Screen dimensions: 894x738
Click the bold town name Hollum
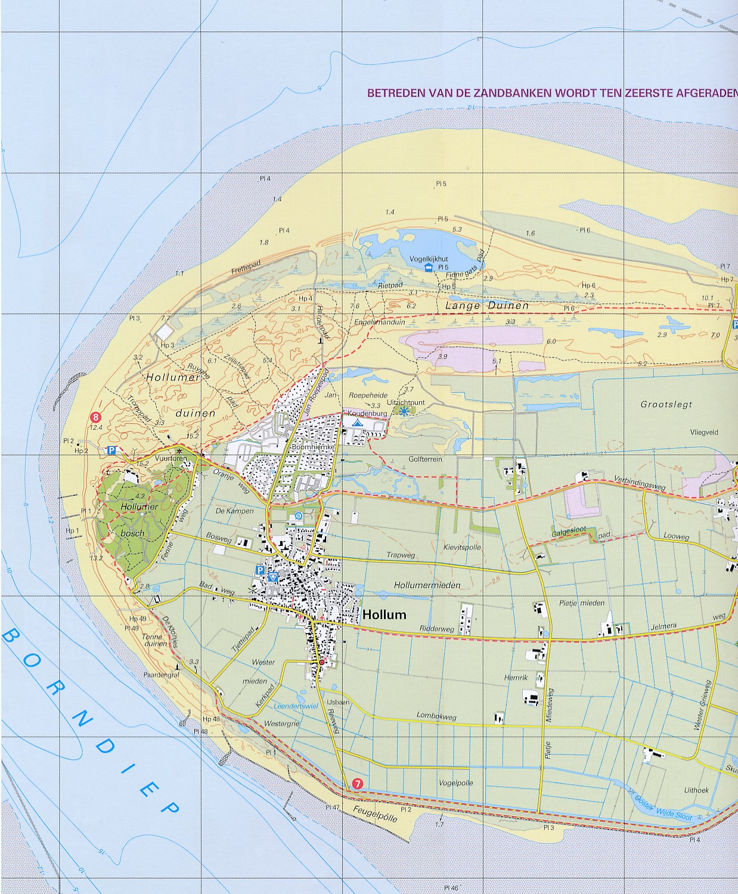tap(384, 614)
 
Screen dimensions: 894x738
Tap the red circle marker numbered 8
tap(95, 418)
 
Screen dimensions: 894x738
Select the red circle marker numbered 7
tap(357, 784)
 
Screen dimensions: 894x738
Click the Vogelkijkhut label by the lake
tap(429, 259)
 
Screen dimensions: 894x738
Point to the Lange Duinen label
tap(487, 305)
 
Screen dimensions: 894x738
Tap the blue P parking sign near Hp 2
tap(111, 451)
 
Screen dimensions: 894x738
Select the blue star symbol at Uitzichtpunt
tap(404, 411)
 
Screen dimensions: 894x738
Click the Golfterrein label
tap(426, 460)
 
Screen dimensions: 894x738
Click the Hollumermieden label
tap(427, 585)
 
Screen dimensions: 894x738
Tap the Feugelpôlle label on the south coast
tap(375, 814)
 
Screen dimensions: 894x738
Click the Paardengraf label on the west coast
tap(157, 675)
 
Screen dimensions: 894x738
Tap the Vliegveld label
tap(704, 433)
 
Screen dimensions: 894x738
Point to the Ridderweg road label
tap(436, 629)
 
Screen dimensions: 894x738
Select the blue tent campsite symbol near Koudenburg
tap(356, 422)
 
